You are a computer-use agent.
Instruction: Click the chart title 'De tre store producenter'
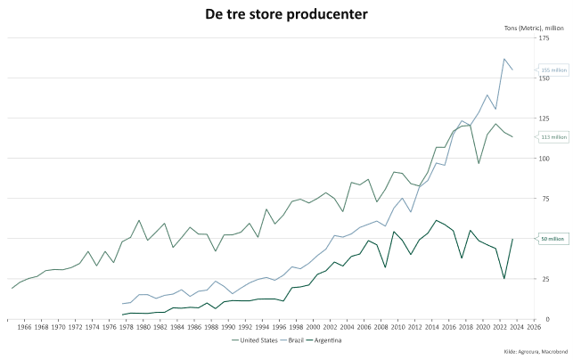pos(286,15)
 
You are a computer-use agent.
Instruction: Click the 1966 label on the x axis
pos(24,327)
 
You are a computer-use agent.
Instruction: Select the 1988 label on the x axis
pos(211,327)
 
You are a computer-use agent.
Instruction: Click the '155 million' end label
pos(553,70)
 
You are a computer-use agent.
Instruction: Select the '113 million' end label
pos(553,137)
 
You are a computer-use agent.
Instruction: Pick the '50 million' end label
pos(552,239)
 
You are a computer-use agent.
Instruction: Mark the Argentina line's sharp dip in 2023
pos(504,279)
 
